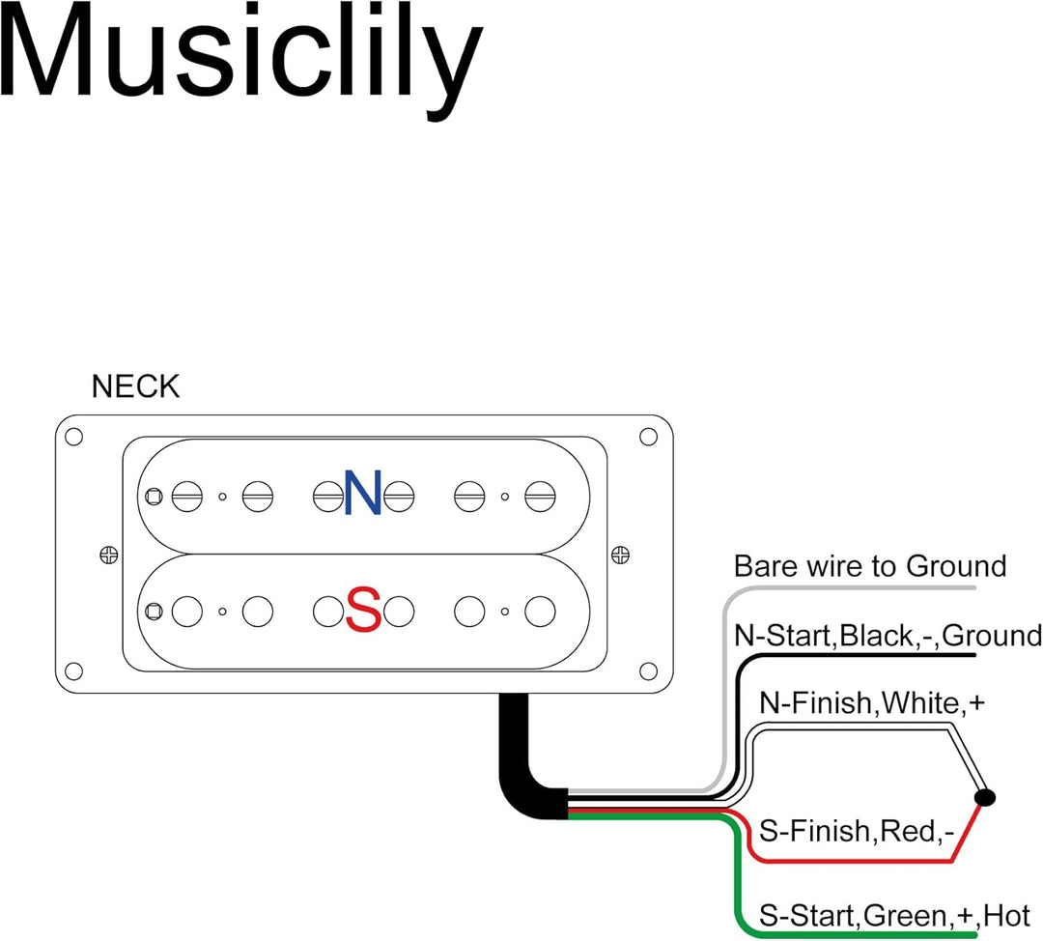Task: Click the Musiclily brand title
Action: tap(240, 61)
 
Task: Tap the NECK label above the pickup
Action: tap(136, 386)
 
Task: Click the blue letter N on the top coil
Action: tap(362, 493)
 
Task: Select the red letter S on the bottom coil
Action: tap(364, 610)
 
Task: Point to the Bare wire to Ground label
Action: tap(870, 566)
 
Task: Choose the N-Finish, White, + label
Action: tap(872, 702)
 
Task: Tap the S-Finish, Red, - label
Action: tap(857, 831)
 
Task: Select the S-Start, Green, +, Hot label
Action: tap(894, 917)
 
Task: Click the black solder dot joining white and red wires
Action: tap(984, 797)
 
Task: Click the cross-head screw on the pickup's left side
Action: tap(108, 555)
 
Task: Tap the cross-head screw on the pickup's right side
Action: tap(620, 555)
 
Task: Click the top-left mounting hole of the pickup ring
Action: tap(73, 438)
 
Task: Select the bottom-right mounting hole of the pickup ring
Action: tap(648, 671)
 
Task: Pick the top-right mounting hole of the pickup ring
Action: tap(648, 438)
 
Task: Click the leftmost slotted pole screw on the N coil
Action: tap(187, 497)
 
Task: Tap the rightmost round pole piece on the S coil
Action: tap(540, 612)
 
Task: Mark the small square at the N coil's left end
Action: tap(154, 497)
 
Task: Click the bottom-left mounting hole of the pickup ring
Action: tap(73, 671)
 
